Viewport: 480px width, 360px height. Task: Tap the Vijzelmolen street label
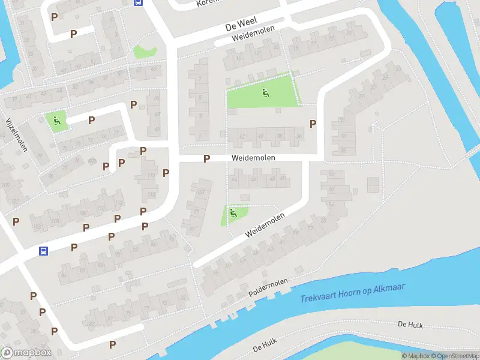16,134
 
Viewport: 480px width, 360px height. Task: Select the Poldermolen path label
268,288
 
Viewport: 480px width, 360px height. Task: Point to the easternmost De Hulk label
410,325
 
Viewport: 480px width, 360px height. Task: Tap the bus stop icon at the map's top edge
138,2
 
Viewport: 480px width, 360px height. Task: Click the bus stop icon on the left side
43,250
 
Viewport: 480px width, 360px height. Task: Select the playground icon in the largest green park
265,92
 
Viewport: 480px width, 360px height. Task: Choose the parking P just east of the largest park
313,124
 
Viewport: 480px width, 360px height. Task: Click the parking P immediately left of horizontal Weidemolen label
206,158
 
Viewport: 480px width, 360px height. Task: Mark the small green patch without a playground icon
144,52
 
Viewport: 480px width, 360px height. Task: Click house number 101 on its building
201,192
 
